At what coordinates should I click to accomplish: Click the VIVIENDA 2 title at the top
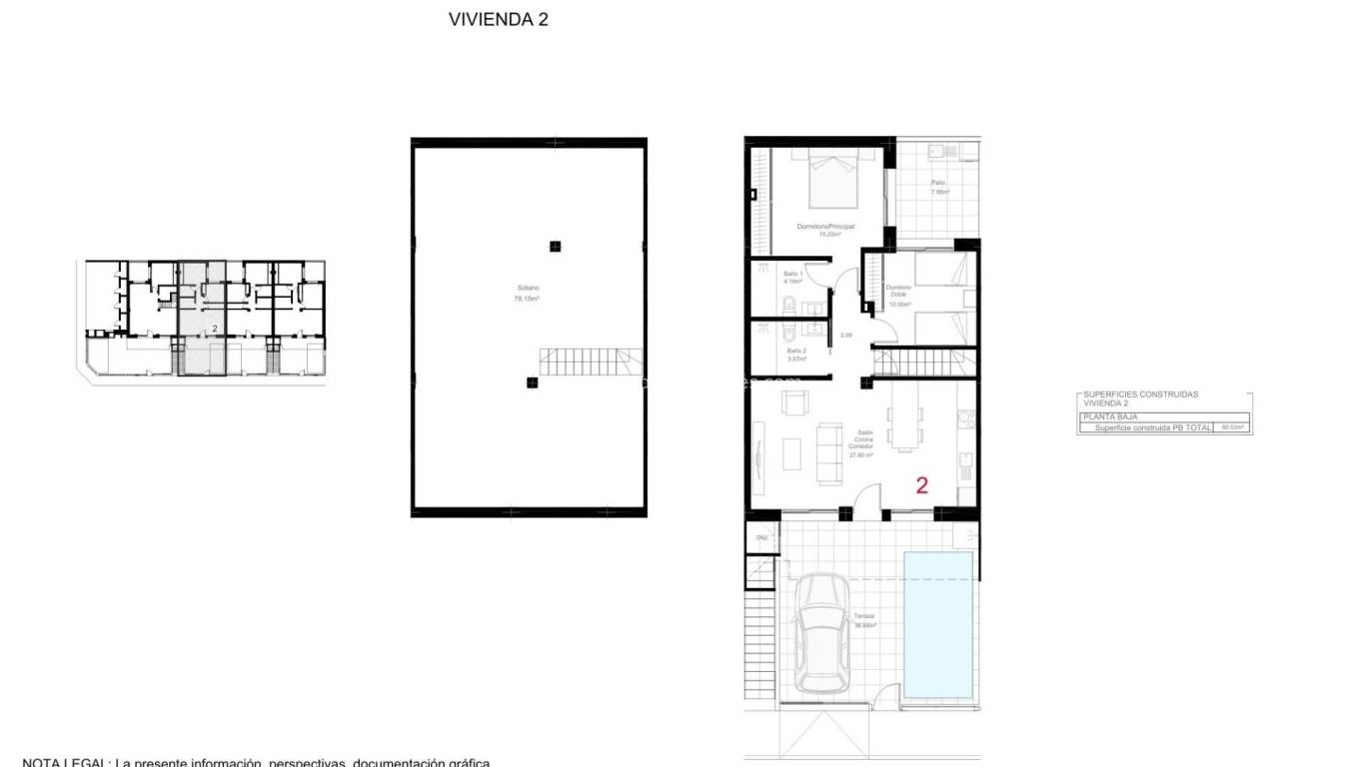(498, 19)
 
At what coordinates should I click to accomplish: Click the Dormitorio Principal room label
(825, 230)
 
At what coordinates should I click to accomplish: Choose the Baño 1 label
(794, 278)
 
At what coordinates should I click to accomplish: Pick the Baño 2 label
(795, 355)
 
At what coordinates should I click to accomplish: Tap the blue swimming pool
(938, 625)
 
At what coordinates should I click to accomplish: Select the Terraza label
(864, 619)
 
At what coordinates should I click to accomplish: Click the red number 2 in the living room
(921, 486)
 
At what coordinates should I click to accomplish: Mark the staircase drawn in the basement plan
(590, 362)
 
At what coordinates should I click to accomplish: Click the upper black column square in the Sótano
(555, 247)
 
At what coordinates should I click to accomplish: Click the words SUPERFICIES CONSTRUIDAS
(1140, 394)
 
